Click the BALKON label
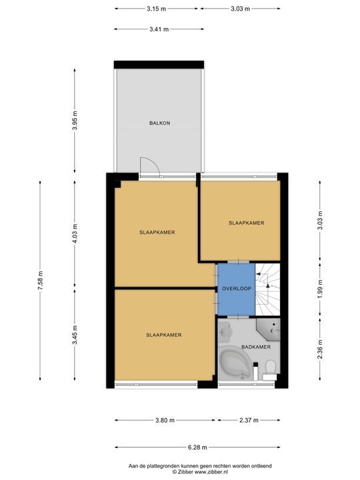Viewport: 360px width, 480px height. point(159,123)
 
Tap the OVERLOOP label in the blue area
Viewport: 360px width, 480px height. point(236,289)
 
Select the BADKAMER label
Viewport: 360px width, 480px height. point(256,347)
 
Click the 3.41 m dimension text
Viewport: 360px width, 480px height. point(159,29)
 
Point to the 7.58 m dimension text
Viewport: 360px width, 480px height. point(41,281)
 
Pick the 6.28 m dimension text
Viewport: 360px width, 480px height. point(197,447)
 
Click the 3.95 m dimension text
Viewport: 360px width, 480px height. point(75,120)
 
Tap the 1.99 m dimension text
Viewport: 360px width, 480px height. point(320,289)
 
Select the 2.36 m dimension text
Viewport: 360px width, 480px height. point(320,349)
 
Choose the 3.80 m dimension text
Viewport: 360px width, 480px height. point(165,420)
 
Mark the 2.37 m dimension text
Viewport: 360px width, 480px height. point(249,420)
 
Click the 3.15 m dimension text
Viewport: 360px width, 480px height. point(156,9)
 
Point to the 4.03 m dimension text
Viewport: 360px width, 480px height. point(75,234)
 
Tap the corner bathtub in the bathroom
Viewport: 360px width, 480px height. point(235,363)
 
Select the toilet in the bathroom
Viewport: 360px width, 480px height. point(270,369)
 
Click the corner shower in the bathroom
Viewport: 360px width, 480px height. point(268,329)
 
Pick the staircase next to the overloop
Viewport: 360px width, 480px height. point(267,289)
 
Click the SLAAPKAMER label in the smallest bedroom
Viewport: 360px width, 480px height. point(247,223)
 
